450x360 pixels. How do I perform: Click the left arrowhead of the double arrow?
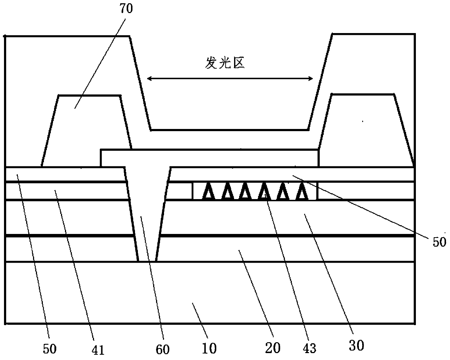(x=148, y=78)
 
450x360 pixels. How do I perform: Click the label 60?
(x=163, y=349)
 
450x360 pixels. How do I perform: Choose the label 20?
(x=273, y=348)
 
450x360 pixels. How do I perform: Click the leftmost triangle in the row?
(x=209, y=191)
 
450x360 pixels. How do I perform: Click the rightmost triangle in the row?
(x=301, y=191)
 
